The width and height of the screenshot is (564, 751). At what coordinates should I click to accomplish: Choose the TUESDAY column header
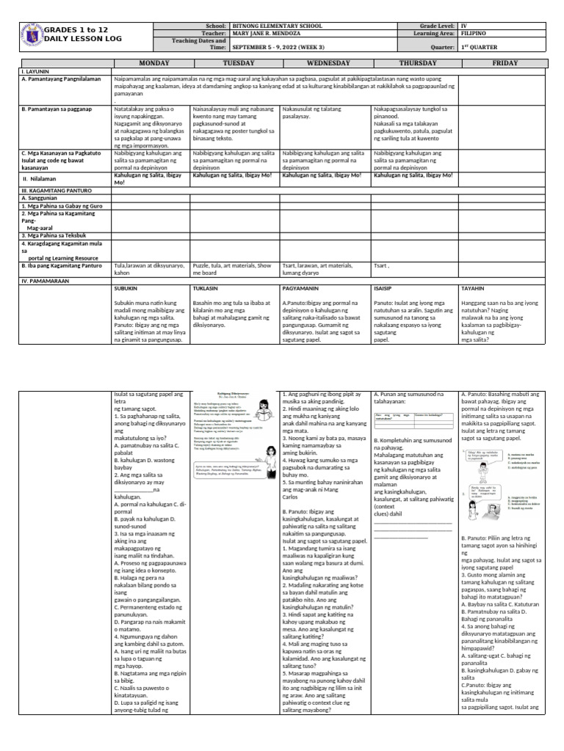coord(234,64)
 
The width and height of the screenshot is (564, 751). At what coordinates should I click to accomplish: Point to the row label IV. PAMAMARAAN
coord(45,280)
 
